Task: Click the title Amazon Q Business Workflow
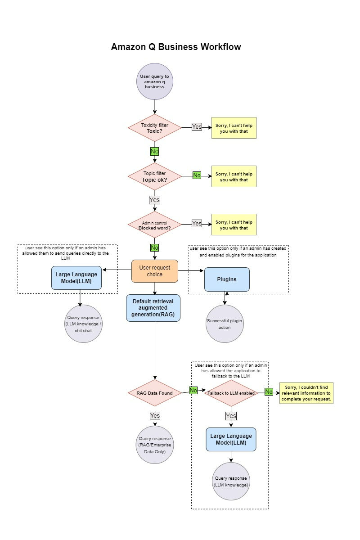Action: coord(176,47)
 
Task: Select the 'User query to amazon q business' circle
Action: coord(154,82)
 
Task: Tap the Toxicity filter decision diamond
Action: coord(154,128)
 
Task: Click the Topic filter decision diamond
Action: coord(154,176)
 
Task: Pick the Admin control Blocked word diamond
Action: coord(154,225)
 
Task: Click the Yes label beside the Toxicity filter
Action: coord(197,127)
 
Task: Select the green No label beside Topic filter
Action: coord(197,175)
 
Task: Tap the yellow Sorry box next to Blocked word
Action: coord(234,225)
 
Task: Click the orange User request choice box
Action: coord(154,271)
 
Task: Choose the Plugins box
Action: coord(227,279)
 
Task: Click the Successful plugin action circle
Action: coord(225,324)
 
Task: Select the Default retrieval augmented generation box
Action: coord(153,308)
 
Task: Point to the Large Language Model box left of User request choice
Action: coord(76,278)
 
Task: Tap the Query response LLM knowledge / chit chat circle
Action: coord(83,324)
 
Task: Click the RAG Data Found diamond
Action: coord(154,393)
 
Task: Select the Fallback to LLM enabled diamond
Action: coord(231,393)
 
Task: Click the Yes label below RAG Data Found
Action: coord(155,415)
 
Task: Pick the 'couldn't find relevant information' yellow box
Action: coord(306,393)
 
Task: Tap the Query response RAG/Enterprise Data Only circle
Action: coord(154,445)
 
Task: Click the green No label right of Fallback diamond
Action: coord(269,391)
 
